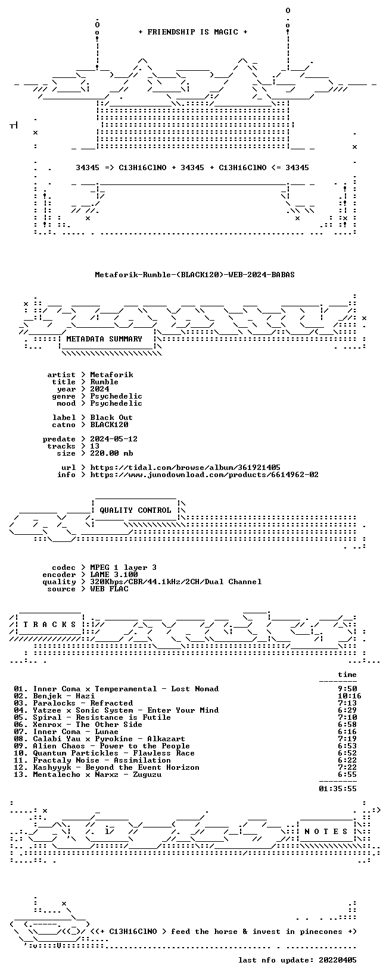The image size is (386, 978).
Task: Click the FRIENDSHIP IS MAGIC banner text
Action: click(193, 32)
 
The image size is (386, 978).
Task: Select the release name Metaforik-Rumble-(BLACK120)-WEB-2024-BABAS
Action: click(195, 275)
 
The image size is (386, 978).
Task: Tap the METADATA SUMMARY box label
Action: click(104, 339)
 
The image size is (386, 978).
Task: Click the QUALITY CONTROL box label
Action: click(135, 510)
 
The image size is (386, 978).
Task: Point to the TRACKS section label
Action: click(49, 625)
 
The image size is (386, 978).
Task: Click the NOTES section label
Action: click(326, 831)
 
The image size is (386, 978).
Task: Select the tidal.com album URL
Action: click(185, 468)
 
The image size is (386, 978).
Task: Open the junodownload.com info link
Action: click(204, 475)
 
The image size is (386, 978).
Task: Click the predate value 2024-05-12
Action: click(114, 439)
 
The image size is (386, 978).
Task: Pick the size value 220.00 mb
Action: click(111, 453)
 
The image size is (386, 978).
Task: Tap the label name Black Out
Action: click(111, 418)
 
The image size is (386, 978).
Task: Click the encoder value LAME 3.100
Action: click(114, 575)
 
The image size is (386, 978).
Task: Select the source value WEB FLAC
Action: click(109, 589)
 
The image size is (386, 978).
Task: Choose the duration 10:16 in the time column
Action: click(349, 696)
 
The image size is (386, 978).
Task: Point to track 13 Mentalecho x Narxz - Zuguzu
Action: click(97, 775)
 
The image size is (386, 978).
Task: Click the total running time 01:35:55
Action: click(338, 789)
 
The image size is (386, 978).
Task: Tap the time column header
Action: click(347, 675)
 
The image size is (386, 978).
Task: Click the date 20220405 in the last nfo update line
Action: click(338, 960)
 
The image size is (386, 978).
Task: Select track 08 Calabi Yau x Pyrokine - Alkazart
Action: click(109, 739)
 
